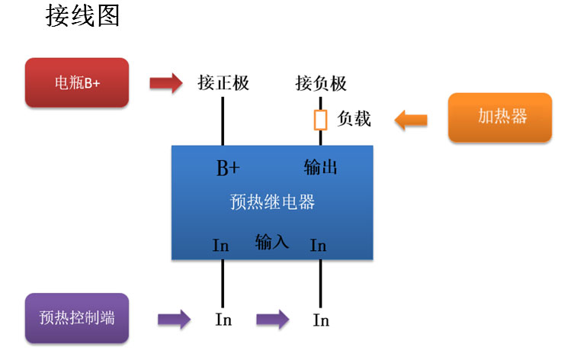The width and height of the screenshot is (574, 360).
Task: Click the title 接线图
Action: click(x=83, y=17)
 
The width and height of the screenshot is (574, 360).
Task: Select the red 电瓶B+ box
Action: click(x=77, y=82)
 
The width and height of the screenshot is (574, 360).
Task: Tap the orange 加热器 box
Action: click(x=499, y=117)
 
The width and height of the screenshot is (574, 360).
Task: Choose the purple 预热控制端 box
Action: click(x=77, y=318)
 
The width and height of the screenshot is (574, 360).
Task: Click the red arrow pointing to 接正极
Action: click(x=165, y=82)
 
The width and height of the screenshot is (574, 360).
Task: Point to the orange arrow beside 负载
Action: click(x=411, y=119)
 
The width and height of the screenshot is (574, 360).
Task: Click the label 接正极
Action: click(x=223, y=82)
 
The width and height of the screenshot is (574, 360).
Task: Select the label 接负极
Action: click(x=321, y=82)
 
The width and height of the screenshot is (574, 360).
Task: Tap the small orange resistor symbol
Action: click(x=321, y=120)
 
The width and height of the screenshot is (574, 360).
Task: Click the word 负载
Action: click(x=354, y=119)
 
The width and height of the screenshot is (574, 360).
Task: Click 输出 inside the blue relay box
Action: click(x=320, y=168)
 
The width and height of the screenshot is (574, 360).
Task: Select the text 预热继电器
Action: click(x=272, y=202)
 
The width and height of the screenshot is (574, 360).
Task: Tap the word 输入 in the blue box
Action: click(x=272, y=243)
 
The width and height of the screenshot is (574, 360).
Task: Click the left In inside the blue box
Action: click(x=221, y=246)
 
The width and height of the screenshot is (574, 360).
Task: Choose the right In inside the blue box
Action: click(x=319, y=246)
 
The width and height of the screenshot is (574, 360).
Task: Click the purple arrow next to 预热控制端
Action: click(x=175, y=319)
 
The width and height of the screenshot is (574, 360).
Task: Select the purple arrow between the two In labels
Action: click(x=272, y=319)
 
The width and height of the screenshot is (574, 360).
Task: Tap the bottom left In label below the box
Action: click(x=223, y=320)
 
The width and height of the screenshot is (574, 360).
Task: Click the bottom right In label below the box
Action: click(x=321, y=320)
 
